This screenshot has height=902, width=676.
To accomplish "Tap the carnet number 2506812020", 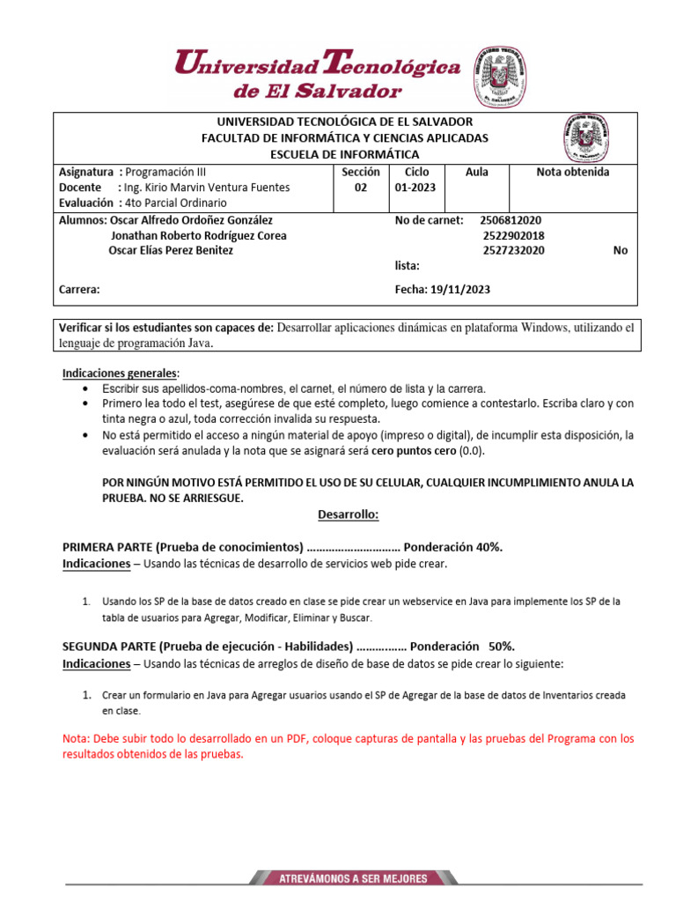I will pos(511,220).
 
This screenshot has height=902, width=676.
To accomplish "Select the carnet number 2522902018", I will pos(513,235).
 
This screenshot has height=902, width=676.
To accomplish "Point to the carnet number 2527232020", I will pos(513,250).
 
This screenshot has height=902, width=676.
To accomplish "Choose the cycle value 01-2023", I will pos(416,188).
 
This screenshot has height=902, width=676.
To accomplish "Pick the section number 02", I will pos(360,188).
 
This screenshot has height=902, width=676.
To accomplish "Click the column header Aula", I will pos(476,173).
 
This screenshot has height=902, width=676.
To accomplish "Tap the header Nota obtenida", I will pos(572,173).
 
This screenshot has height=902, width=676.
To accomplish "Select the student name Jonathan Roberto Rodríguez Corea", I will pos(199,235).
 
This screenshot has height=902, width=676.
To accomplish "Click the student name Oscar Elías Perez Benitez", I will pos(170,250).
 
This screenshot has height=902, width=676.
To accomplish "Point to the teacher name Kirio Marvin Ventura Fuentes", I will pos(218,188).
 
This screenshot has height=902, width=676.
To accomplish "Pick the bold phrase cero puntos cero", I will pos(414,451).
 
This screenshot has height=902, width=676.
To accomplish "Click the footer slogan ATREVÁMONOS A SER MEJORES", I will pos(353,878).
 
